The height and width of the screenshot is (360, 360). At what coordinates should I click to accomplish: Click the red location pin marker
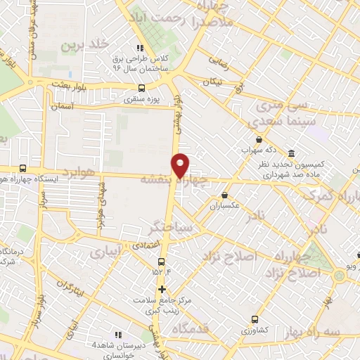[181, 165]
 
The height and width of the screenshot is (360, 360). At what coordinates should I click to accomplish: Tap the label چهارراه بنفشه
[167, 180]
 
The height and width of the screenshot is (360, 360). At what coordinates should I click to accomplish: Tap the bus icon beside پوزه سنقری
[142, 89]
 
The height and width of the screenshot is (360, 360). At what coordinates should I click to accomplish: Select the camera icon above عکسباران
[224, 195]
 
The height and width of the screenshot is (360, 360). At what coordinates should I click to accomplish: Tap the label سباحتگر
[151, 226]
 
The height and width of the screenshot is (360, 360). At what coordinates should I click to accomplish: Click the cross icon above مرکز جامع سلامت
[162, 289]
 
